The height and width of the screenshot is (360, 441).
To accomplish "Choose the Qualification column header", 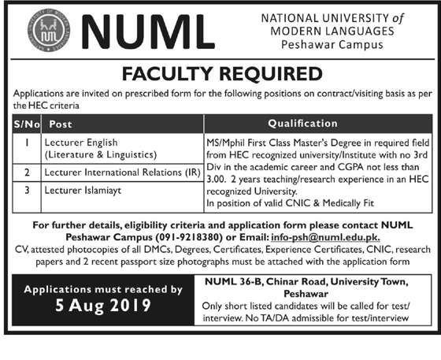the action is click(303, 124).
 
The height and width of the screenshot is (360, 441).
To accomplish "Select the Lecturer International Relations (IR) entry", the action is click(119, 172).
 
